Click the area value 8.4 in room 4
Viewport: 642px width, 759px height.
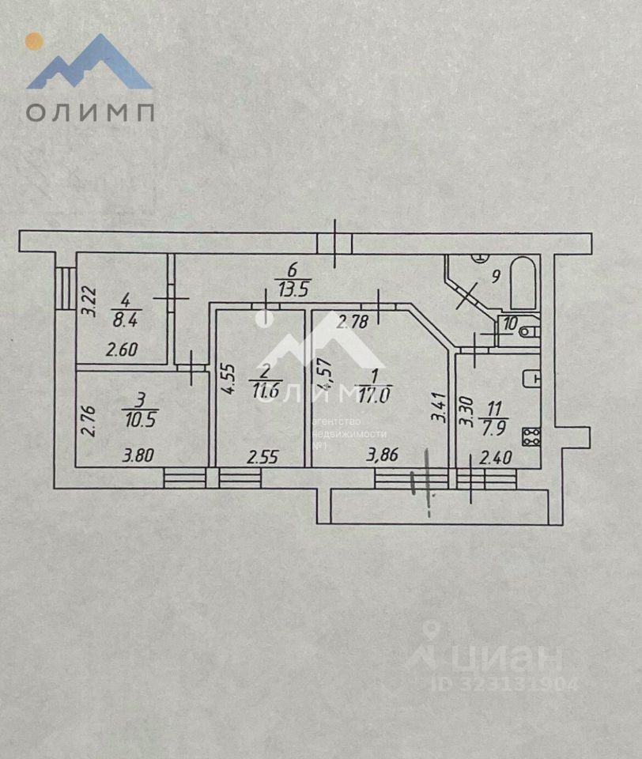[123, 319]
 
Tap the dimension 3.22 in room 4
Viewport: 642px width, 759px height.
[90, 300]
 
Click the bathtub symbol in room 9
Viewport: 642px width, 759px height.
[523, 284]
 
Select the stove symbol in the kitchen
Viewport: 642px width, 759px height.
[533, 437]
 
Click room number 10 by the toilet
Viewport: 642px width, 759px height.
[510, 323]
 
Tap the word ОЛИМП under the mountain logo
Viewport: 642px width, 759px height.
[89, 111]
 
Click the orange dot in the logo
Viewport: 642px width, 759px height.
[34, 41]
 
